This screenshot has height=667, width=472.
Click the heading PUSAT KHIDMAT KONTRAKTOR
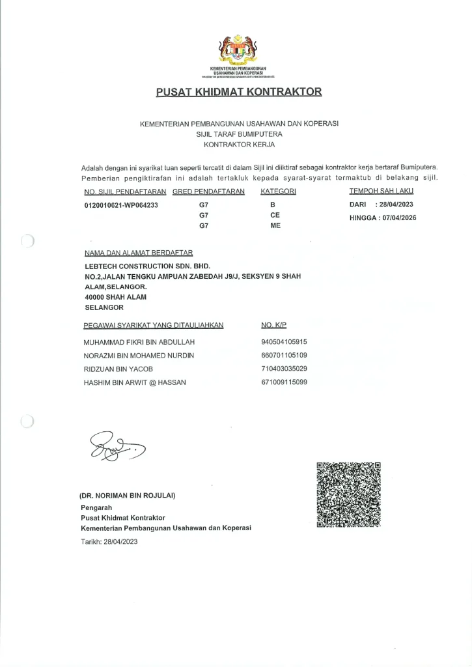tap(239, 92)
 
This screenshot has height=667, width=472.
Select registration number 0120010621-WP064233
tap(121, 205)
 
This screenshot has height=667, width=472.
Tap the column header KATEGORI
tap(278, 192)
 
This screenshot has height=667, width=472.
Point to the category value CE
tap(275, 215)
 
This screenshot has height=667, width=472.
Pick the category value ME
tap(275, 225)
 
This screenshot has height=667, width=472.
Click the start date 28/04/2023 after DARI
tap(395, 205)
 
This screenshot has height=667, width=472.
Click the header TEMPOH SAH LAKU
tap(381, 192)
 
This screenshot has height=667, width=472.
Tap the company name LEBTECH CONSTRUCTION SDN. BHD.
tap(148, 266)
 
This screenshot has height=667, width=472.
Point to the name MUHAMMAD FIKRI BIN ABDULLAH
tap(139, 342)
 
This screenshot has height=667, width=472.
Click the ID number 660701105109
tap(284, 356)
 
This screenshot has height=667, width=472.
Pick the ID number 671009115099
tap(284, 382)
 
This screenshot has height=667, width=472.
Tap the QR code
tap(348, 495)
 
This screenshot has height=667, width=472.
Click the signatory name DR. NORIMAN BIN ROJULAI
tap(128, 496)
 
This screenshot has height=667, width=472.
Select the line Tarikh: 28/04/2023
tap(109, 541)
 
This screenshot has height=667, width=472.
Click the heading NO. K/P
tap(273, 324)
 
